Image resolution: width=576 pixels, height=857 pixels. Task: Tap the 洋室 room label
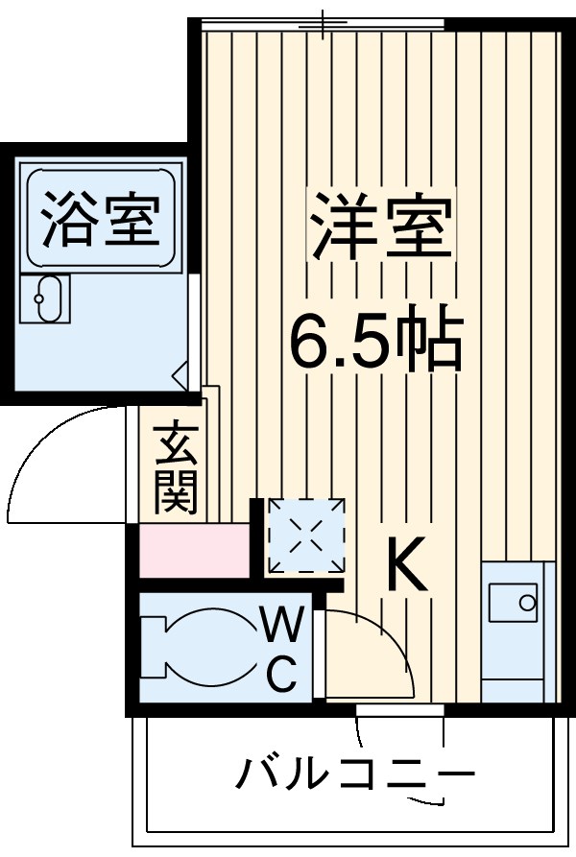point(379,225)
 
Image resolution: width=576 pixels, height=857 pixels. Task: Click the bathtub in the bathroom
point(101,218)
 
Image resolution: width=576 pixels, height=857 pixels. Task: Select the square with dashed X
point(305,536)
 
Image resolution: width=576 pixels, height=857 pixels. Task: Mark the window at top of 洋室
point(324,23)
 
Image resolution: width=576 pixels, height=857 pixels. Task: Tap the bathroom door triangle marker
point(180,375)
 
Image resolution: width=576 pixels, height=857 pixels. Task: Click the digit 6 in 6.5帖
point(311,339)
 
